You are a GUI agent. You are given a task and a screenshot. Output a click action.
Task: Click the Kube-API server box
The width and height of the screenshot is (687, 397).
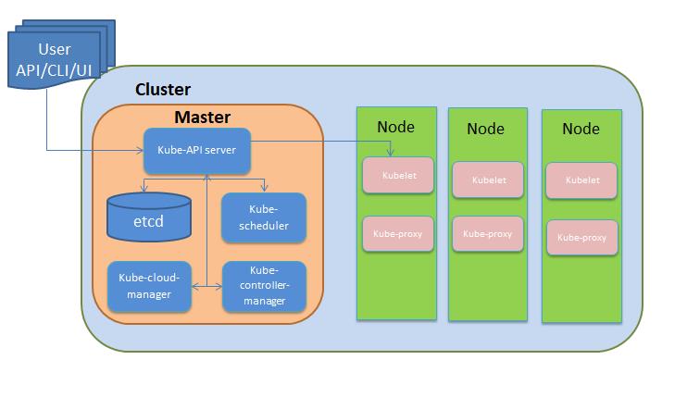pyautogui.click(x=196, y=150)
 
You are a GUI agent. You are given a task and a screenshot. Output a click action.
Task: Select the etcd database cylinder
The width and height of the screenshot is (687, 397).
pyautogui.click(x=148, y=216)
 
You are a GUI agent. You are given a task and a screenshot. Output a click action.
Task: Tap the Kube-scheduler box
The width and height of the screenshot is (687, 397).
pyautogui.click(x=264, y=217)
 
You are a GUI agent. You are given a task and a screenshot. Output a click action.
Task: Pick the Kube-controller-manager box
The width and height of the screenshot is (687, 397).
pyautogui.click(x=264, y=286)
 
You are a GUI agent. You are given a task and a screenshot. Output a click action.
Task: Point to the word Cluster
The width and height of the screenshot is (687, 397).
pyautogui.click(x=163, y=90)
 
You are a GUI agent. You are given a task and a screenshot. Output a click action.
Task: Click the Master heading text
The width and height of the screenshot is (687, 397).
pyautogui.click(x=203, y=118)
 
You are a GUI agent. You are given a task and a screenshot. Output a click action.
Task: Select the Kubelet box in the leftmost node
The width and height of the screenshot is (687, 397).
pyautogui.click(x=397, y=175)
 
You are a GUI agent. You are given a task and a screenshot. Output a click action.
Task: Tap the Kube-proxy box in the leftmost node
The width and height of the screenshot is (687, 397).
pyautogui.click(x=397, y=233)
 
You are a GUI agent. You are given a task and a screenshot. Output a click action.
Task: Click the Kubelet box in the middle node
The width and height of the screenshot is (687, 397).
pyautogui.click(x=487, y=180)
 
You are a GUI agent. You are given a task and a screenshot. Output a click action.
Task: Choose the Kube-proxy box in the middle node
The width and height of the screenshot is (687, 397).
pyautogui.click(x=487, y=235)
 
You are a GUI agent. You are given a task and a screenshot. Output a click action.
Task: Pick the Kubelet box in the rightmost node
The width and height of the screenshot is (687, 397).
pyautogui.click(x=581, y=180)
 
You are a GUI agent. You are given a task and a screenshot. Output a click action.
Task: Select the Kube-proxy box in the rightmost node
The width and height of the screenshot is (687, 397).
pyautogui.click(x=581, y=237)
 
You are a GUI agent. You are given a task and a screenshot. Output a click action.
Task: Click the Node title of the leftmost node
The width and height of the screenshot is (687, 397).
pyautogui.click(x=395, y=127)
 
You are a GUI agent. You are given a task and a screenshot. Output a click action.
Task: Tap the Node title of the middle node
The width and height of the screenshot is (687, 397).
pyautogui.click(x=485, y=129)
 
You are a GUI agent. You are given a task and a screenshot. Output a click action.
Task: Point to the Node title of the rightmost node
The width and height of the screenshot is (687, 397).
pyautogui.click(x=581, y=129)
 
